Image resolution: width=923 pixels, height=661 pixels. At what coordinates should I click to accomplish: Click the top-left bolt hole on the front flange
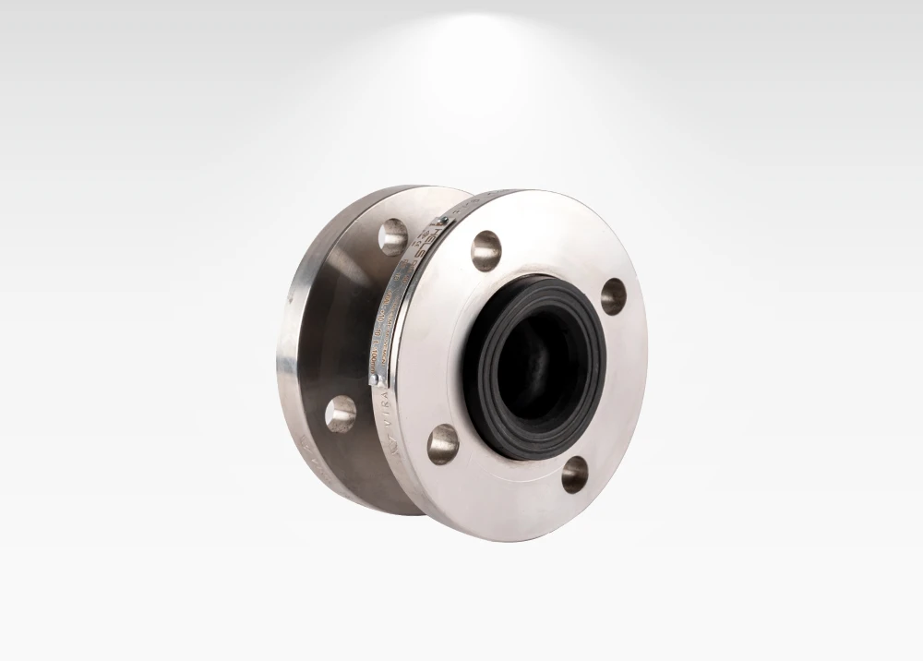pyautogui.click(x=485, y=250)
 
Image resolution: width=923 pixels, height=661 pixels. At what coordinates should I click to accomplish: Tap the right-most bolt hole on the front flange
pyautogui.click(x=613, y=295)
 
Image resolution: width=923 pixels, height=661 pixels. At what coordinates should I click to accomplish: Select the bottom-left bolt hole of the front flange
pyautogui.click(x=443, y=443)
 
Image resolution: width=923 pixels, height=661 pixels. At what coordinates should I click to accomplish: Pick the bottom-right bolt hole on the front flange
pyautogui.click(x=575, y=474)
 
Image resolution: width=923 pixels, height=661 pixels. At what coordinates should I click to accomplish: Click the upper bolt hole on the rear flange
pyautogui.click(x=392, y=235)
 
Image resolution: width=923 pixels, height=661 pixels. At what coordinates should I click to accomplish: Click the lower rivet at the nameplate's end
pyautogui.click(x=373, y=379)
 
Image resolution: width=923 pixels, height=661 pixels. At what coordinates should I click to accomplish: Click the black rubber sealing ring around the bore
pyautogui.click(x=489, y=406)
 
